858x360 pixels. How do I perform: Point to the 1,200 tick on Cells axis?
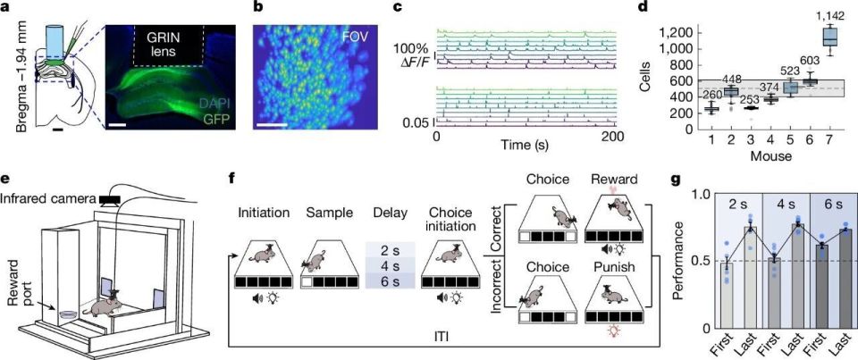658,32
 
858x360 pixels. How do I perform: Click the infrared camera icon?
113,197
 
